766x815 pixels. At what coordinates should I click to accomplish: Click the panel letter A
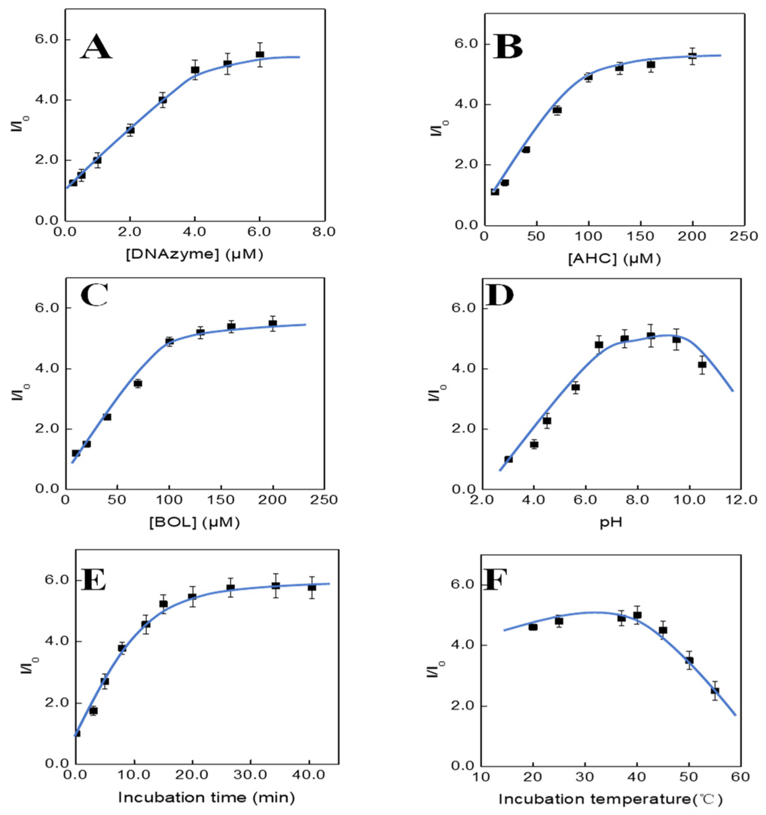96,48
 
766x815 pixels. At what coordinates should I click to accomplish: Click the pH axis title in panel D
610,523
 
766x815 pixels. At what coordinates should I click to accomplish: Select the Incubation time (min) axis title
206,797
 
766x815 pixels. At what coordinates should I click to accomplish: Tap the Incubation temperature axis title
610,799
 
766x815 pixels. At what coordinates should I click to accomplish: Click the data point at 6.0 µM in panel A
259,55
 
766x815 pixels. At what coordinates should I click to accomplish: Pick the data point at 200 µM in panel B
693,56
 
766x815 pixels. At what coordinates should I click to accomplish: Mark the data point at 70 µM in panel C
138,383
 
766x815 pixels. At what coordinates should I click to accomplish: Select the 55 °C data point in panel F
715,691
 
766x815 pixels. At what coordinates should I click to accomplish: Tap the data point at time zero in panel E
77,733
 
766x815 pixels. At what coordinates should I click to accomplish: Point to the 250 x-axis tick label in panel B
744,237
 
